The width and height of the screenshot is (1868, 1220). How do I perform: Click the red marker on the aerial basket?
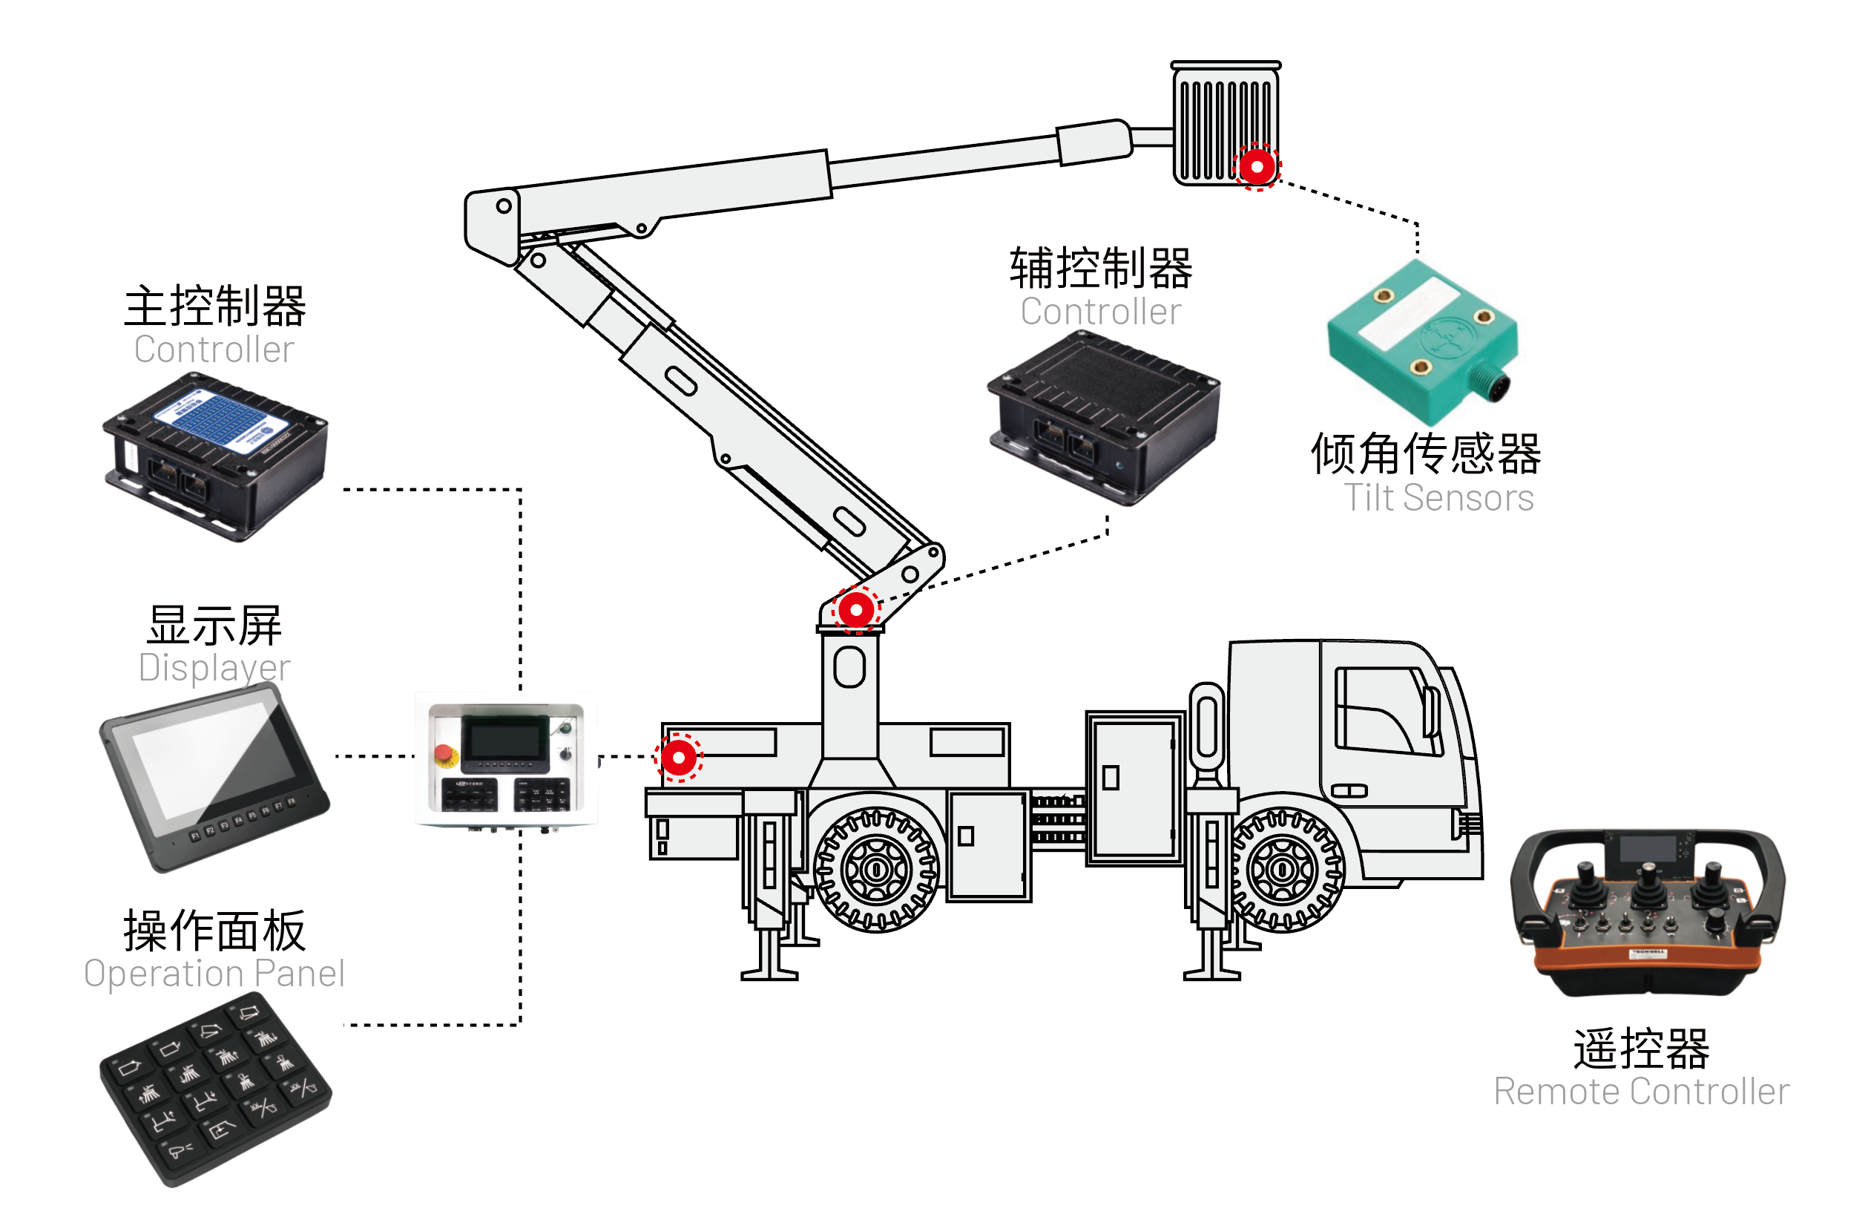tap(1257, 166)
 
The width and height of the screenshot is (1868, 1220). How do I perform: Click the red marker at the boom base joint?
tap(855, 609)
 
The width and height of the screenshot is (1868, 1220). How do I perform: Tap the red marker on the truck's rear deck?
tap(678, 758)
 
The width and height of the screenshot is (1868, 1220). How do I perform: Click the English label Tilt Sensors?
tap(1438, 498)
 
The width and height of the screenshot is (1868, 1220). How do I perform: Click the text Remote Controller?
tap(1640, 1092)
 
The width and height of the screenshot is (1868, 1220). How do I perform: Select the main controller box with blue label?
tap(215, 456)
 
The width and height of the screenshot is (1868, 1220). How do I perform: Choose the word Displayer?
tap(214, 667)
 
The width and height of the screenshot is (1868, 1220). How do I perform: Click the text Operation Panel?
tap(214, 974)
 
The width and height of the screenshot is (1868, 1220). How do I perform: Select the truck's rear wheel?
tap(877, 869)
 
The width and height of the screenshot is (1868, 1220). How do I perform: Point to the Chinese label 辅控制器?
tap(1100, 269)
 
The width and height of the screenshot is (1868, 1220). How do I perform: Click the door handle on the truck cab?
tap(1349, 790)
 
